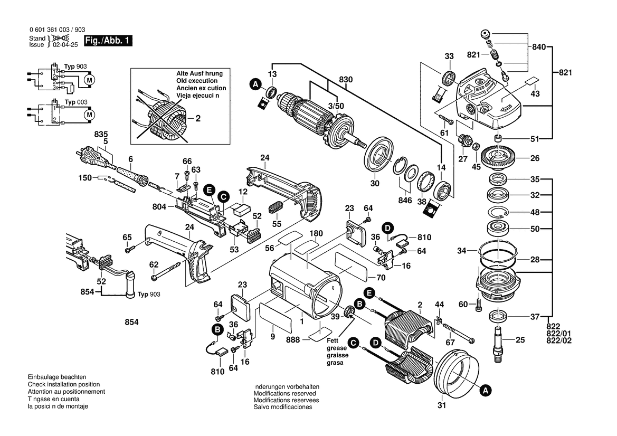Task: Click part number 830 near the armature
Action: point(346,79)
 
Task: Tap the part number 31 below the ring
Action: point(442,406)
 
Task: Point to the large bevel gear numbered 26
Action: point(499,157)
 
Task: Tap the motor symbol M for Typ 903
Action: point(89,80)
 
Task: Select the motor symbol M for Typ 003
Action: point(89,114)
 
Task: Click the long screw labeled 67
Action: point(457,328)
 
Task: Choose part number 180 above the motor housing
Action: point(315,233)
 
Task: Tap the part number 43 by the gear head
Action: point(535,93)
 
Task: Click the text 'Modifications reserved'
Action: point(284,394)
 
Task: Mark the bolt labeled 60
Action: point(479,305)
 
